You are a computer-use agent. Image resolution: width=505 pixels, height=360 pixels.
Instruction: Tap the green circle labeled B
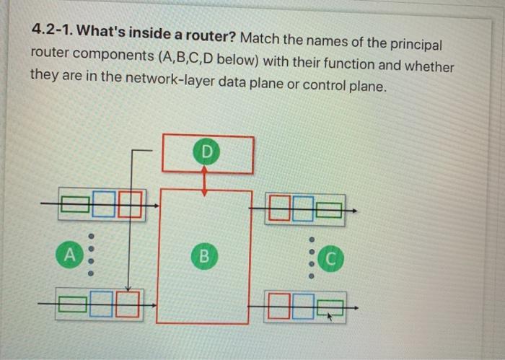coord(205,255)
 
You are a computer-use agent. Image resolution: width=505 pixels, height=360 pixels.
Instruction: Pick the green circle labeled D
coord(207,152)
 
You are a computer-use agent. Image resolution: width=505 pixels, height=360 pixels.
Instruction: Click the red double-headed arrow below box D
coord(206,180)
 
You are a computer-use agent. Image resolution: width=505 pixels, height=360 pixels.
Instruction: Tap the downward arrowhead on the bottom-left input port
coord(127,287)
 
